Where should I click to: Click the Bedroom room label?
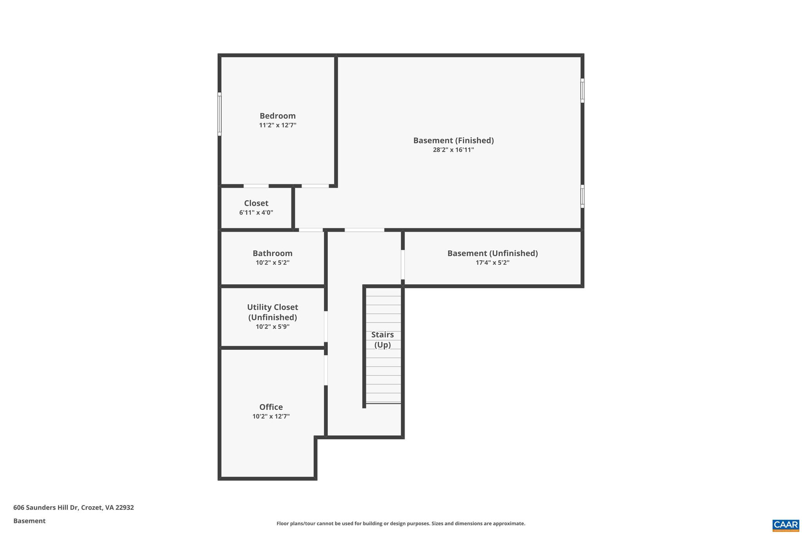point(277,116)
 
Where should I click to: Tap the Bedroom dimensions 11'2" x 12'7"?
point(277,125)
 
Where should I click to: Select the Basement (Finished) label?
point(453,140)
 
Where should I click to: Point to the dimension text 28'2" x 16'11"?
point(453,150)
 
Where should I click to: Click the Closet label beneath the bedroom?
point(256,203)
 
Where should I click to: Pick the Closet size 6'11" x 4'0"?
point(256,212)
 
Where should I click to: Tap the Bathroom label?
point(272,253)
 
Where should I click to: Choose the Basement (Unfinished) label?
point(492,253)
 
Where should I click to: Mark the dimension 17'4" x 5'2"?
point(492,263)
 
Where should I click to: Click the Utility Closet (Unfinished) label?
point(272,312)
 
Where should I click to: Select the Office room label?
point(271,407)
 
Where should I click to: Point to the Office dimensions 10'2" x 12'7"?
point(271,416)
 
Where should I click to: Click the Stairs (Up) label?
point(382,340)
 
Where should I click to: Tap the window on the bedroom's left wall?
point(220,114)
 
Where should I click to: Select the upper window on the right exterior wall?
point(582,90)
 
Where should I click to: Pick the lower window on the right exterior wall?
point(582,196)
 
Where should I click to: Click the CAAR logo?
point(786,525)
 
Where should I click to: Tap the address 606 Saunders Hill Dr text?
point(73,507)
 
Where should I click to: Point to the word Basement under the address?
point(29,521)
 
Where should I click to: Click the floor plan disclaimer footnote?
point(401,523)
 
